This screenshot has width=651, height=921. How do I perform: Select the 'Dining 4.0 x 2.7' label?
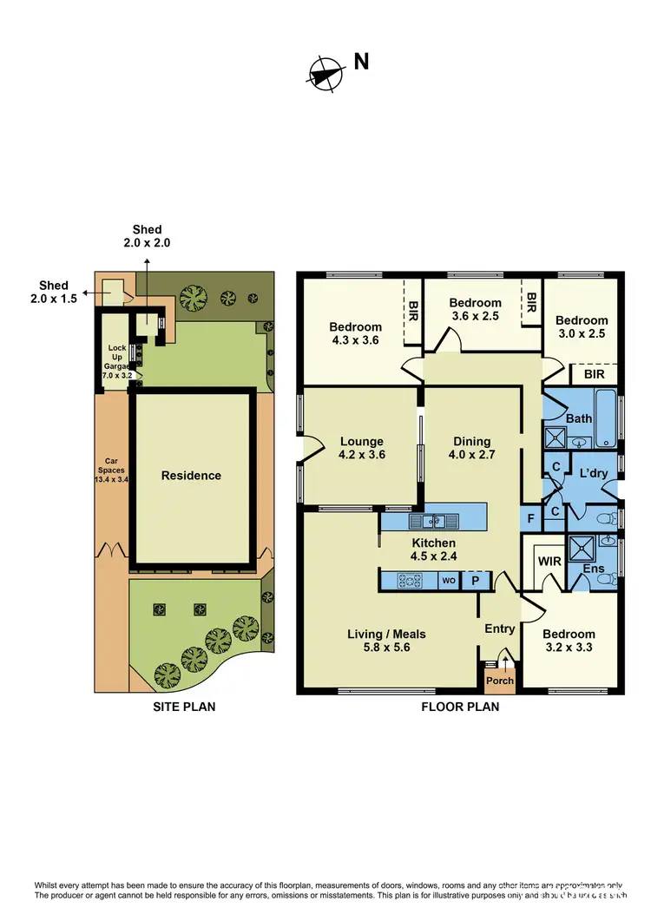pos(471,448)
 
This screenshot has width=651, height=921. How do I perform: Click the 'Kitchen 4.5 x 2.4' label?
pos(433,549)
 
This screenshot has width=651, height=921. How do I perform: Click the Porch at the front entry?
pos(500,680)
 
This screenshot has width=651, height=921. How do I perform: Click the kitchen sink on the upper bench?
pos(433,521)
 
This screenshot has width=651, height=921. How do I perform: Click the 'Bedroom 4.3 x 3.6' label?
pos(355,334)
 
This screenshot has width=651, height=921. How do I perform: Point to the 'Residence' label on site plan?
pos(191,476)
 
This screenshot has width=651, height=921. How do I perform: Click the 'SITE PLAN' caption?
pos(184,707)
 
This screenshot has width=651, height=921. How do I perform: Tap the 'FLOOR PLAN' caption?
pos(460,707)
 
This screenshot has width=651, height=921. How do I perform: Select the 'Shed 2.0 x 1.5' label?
pos(53,293)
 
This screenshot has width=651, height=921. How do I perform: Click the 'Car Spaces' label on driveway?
pos(111,469)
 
